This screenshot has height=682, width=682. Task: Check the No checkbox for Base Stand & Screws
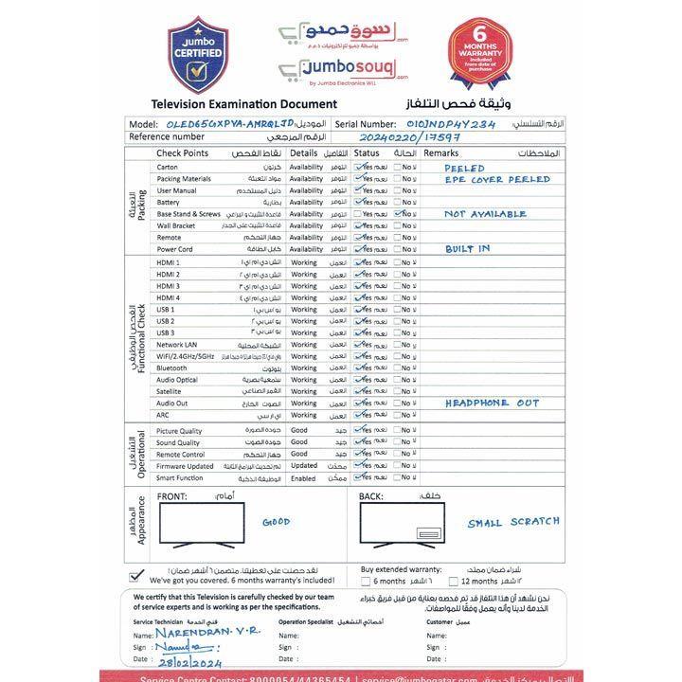click(x=397, y=214)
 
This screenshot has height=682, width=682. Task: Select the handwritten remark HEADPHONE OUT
click(x=492, y=403)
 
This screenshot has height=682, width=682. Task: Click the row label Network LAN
click(x=177, y=345)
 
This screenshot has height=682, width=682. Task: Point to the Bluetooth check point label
click(x=171, y=368)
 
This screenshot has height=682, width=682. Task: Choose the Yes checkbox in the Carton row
click(x=358, y=167)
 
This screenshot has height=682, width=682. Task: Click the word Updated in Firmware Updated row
click(x=304, y=466)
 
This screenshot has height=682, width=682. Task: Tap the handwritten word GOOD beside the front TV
click(x=276, y=522)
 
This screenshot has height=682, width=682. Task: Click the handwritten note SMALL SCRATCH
click(x=513, y=522)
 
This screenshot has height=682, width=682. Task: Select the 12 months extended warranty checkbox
click(x=453, y=582)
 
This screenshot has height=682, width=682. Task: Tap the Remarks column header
click(x=440, y=153)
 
